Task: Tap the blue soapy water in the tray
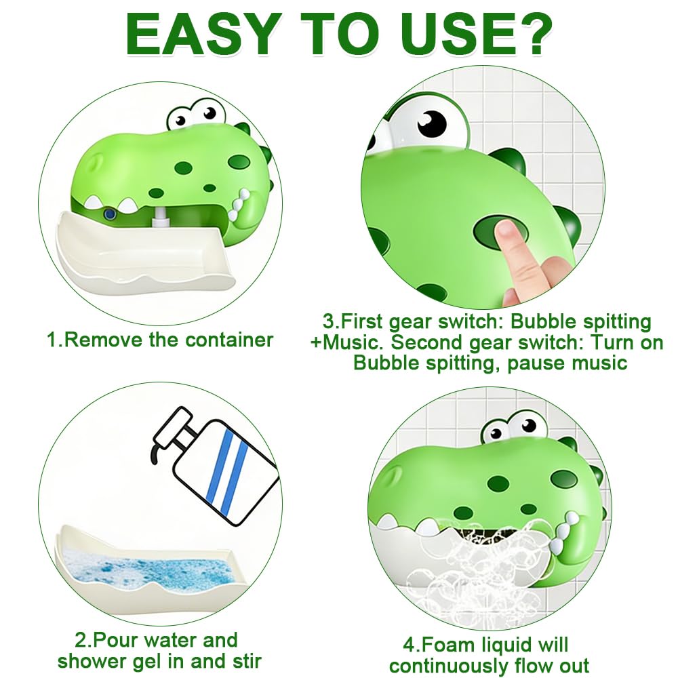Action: [146, 570]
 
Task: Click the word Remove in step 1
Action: [104, 340]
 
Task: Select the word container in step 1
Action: [230, 340]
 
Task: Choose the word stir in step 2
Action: [245, 661]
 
